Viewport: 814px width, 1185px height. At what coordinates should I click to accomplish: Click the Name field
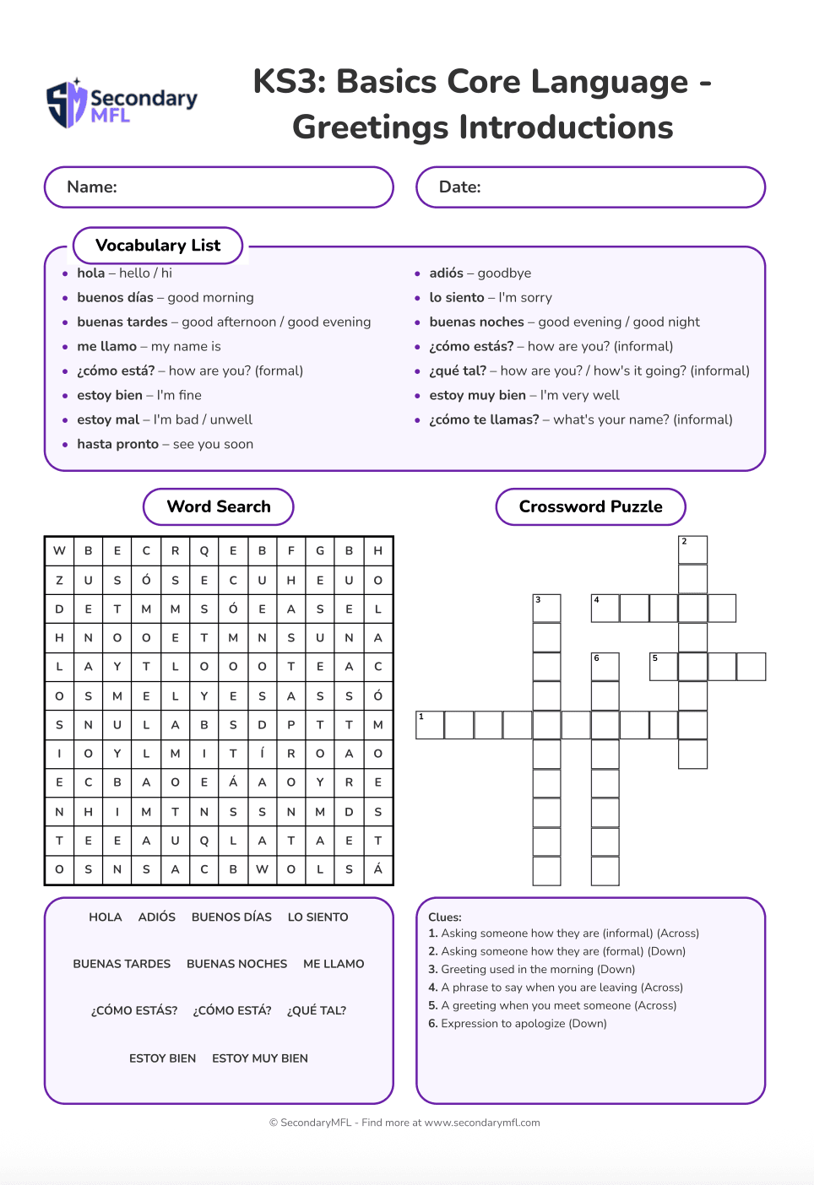pos(219,187)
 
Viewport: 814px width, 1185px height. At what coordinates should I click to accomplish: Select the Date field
pos(590,187)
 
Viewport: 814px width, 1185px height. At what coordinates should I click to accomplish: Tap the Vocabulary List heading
pos(158,246)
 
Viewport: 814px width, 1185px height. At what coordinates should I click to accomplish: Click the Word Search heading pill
pos(219,506)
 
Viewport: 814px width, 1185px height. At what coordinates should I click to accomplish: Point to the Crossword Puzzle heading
pos(590,506)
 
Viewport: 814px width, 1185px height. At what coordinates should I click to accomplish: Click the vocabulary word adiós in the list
pos(446,273)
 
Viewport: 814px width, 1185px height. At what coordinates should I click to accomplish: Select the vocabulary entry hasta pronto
pos(118,444)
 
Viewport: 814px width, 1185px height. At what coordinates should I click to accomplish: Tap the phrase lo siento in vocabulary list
pos(457,297)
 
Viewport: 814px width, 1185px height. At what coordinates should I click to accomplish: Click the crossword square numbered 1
pos(430,725)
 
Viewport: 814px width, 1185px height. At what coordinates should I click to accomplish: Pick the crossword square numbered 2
pos(692,549)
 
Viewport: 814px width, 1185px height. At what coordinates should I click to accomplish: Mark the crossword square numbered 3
pos(546,608)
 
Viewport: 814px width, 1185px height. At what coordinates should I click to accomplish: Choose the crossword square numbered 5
pos(663,666)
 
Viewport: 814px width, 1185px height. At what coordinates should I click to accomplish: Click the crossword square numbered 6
pos(605,666)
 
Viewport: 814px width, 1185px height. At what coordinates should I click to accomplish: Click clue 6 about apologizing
pos(517,1023)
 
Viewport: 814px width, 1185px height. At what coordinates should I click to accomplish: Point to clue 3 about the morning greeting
pos(531,969)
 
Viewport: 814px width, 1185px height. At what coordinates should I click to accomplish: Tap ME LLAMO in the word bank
pos(334,964)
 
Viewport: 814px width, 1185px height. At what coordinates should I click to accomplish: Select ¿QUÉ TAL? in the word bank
pos(317,1010)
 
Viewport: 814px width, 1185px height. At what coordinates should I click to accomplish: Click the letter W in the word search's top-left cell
pos(59,550)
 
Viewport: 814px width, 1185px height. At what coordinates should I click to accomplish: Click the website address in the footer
pos(482,1123)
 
